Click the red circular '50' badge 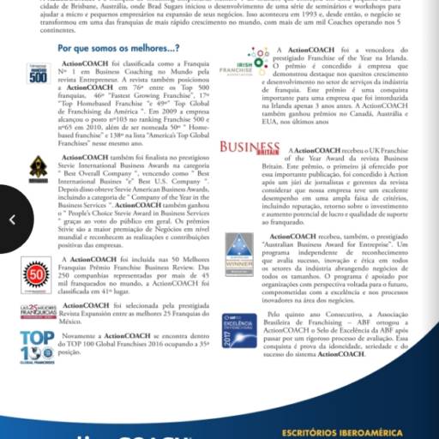tap(37, 274)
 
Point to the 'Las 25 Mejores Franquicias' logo tap(38, 310)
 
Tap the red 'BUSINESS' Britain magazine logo tap(250, 147)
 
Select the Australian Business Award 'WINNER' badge tap(238, 254)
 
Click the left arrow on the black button tap(12, 220)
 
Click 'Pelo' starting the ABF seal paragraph tap(276, 315)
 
